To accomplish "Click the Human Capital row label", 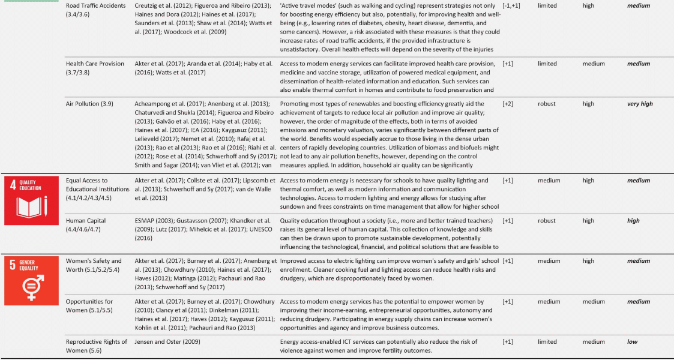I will (86, 220).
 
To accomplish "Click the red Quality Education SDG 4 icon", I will (31, 200).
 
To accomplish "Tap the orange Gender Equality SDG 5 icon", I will (31, 280).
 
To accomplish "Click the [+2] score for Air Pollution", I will (508, 104).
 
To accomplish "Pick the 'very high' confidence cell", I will (639, 104).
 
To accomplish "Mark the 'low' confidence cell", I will (633, 342).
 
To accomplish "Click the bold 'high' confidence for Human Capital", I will (633, 221).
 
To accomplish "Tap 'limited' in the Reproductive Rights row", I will (547, 342).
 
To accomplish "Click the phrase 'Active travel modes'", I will (305, 6).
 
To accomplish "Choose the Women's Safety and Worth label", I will (94, 265).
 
